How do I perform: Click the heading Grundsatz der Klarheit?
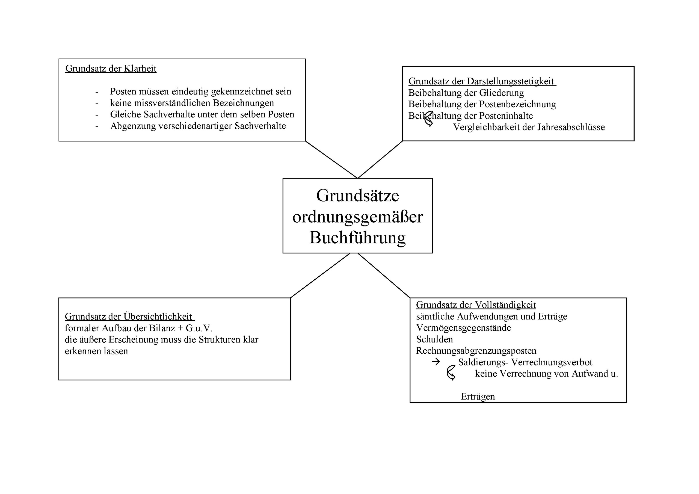coord(111,69)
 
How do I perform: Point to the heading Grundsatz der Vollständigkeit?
coord(476,305)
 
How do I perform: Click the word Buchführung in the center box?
coord(357,238)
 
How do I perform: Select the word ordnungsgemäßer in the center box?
coord(357,217)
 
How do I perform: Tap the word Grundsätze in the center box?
coord(357,196)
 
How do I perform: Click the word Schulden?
coord(434,339)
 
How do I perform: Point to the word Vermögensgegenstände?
coord(463,328)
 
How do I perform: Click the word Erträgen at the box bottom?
coord(478,397)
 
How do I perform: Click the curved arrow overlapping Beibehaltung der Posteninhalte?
coord(429,119)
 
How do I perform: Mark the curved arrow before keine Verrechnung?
coord(451,373)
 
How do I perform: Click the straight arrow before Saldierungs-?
coord(436,362)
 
